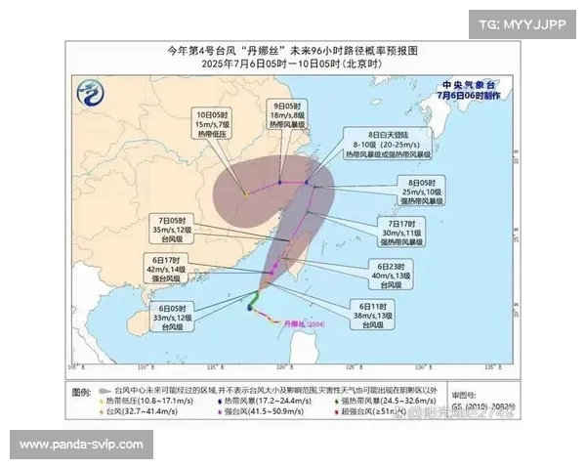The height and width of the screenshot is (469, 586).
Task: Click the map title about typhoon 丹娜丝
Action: pos(293,50)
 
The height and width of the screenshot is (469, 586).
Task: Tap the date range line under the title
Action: pos(293,64)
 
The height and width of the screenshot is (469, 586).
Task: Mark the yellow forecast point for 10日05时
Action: pos(245,193)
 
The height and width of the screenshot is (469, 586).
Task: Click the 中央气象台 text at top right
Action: pos(463,85)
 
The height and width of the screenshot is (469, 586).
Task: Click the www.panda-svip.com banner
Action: pos(81,445)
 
